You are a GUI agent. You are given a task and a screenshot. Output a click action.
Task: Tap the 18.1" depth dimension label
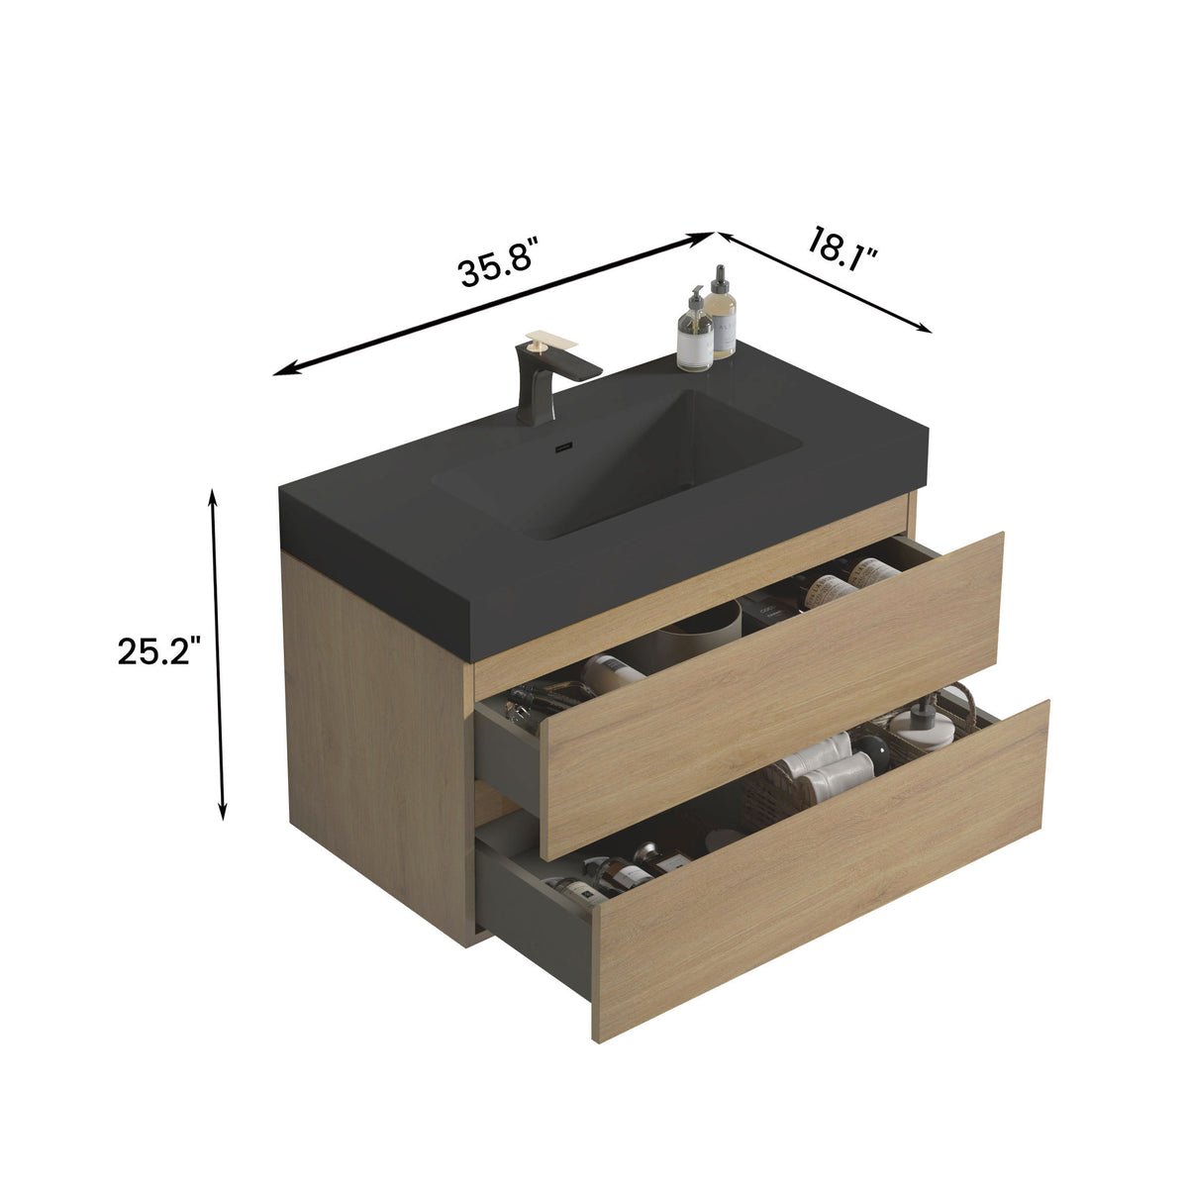click(842, 245)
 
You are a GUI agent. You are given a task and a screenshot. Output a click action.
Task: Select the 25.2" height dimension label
click(158, 651)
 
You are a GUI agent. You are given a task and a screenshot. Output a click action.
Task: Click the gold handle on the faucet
click(550, 341)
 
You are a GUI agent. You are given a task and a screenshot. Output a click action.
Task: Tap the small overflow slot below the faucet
click(563, 446)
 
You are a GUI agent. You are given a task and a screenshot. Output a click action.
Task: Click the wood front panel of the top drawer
click(772, 693)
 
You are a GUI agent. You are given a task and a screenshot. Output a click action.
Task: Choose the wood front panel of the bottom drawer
click(822, 871)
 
